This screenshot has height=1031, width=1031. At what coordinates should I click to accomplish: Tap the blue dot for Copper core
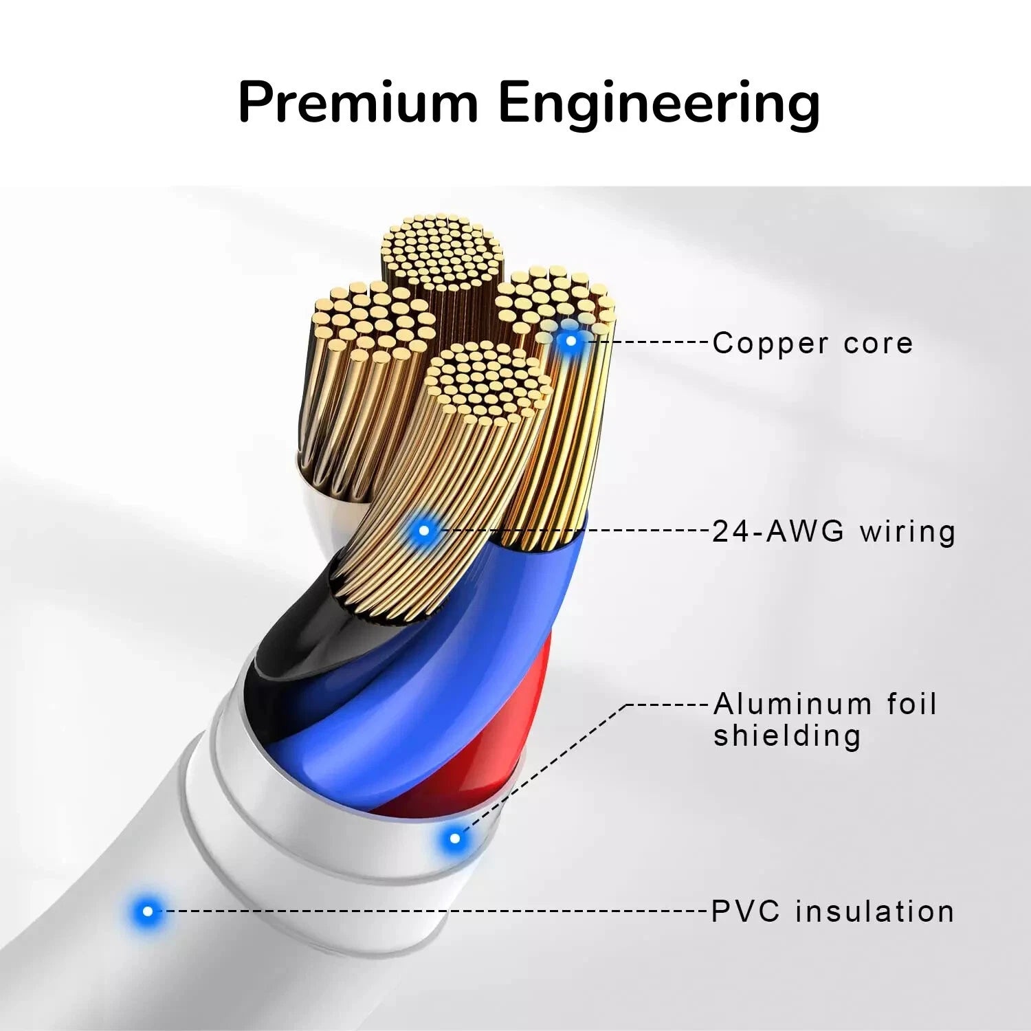click(570, 340)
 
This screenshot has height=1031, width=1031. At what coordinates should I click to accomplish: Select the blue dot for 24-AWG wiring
click(424, 530)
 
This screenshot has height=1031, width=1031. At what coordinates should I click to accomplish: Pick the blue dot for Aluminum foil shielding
click(454, 839)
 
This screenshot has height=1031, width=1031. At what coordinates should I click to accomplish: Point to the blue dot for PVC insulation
click(147, 911)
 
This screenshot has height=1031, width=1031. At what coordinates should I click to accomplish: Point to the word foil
click(911, 704)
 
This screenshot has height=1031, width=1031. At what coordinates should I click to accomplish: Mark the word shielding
click(787, 736)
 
